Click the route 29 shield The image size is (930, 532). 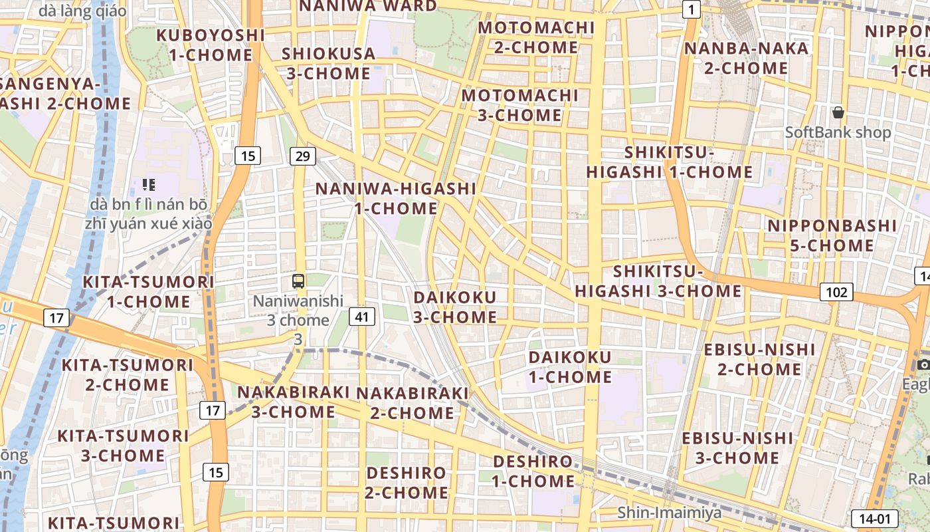[302, 156]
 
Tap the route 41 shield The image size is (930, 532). [361, 317]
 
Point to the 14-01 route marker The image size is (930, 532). [874, 519]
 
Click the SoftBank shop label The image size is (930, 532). [838, 132]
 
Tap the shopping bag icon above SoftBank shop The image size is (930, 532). [838, 112]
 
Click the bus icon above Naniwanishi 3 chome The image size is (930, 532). [298, 281]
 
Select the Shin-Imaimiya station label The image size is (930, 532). [669, 512]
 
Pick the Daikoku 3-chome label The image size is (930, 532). [455, 307]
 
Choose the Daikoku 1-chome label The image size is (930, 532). [570, 367]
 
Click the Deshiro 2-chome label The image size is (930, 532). [407, 483]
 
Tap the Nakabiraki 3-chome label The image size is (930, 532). [293, 402]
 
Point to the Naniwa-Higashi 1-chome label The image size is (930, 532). [395, 198]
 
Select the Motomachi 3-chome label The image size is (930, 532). [520, 105]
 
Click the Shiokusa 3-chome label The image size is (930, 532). [328, 63]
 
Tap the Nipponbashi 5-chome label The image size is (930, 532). [832, 235]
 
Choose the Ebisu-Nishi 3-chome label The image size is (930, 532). [737, 448]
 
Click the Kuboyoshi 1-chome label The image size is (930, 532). [210, 45]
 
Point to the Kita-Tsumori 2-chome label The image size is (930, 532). [128, 374]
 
